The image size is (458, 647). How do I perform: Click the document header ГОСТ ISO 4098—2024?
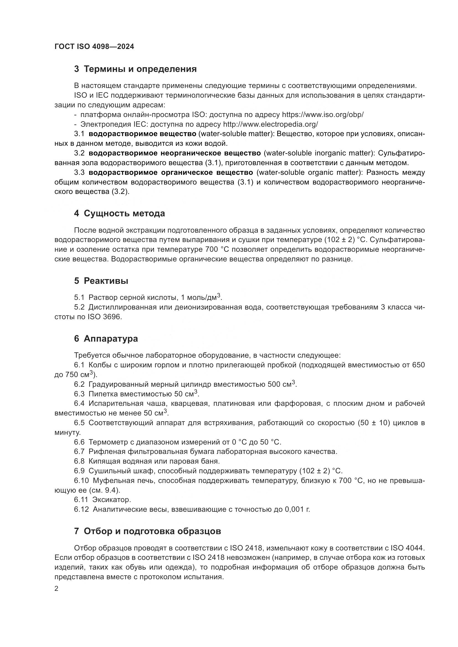tap(94, 47)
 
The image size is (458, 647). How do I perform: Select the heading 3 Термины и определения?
tap(135, 69)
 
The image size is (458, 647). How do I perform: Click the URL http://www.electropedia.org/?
tap(271, 124)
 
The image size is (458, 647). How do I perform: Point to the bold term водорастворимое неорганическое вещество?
tap(174, 153)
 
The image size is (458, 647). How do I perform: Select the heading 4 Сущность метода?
tap(119, 213)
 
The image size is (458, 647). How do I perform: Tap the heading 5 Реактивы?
tap(101, 281)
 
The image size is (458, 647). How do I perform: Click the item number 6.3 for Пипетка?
tap(79, 394)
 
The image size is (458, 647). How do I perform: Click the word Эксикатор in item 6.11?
tap(112, 500)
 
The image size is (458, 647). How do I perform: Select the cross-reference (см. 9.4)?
tap(104, 490)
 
